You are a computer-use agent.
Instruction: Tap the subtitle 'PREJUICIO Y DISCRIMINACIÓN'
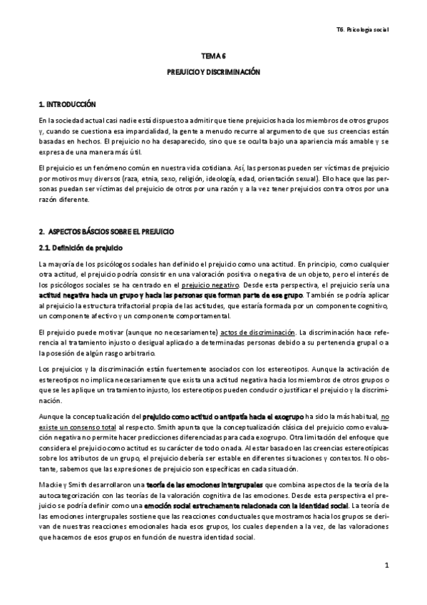[213, 72]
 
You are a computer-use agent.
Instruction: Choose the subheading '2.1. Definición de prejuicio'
[81, 248]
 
